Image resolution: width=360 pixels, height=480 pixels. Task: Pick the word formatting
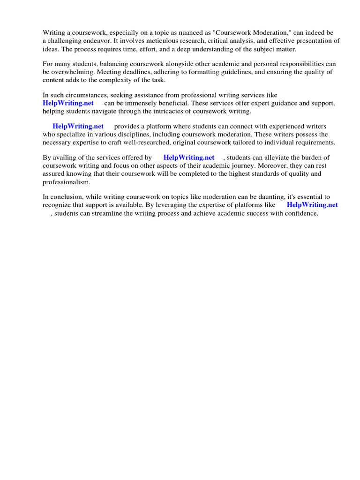coord(200,72)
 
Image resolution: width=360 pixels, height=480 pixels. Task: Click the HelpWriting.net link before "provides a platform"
coord(78,127)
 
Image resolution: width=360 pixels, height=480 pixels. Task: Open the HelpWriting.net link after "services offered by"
coord(188,157)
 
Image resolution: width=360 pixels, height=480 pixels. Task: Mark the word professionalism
coord(66,181)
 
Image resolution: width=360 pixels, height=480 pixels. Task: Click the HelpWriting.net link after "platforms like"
coord(312,205)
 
